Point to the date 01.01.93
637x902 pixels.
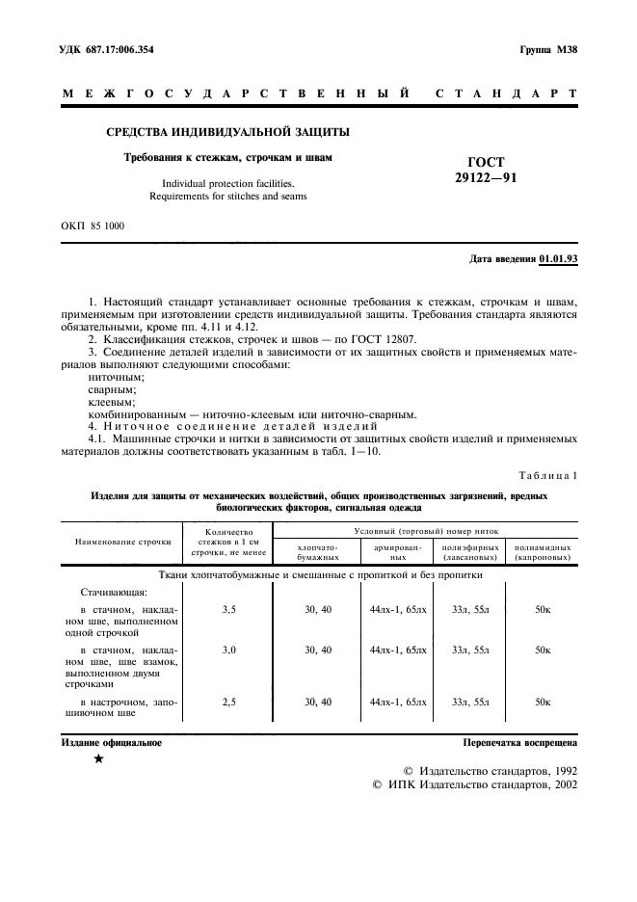(559, 258)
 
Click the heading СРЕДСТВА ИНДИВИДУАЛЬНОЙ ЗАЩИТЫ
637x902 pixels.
(226, 131)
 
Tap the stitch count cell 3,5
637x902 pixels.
(228, 609)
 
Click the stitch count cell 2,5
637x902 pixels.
(228, 703)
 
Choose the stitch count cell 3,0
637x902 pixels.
(228, 650)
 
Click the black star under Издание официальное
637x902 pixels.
(98, 760)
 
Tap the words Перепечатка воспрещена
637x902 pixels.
(519, 743)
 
